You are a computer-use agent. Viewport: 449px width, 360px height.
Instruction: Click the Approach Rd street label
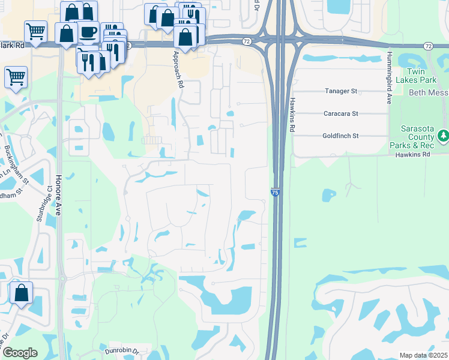178,70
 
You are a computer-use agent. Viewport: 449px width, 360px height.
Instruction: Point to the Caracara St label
340,113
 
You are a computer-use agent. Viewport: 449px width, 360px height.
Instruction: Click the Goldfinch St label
340,136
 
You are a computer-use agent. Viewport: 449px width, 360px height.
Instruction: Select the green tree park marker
443,136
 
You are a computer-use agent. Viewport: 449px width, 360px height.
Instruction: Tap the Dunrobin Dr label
122,352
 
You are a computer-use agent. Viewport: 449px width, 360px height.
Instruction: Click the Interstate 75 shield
274,192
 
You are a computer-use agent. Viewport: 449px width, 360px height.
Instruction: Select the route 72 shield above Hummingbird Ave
427,46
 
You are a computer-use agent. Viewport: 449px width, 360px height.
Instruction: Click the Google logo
20,353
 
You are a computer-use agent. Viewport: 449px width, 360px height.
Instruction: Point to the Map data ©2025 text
423,355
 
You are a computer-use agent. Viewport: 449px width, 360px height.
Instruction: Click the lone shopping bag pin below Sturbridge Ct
21,293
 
